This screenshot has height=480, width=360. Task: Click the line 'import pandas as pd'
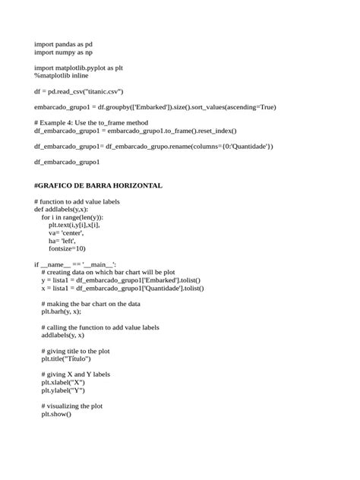(63, 45)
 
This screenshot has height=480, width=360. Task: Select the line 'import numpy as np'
(63, 52)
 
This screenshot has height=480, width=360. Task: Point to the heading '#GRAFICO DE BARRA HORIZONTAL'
(98, 185)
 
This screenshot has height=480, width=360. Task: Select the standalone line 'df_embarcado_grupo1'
(67, 162)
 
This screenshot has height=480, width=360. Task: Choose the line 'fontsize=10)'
(68, 248)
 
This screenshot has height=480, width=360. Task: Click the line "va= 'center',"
(68, 232)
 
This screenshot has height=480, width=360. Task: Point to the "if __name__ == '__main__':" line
(75, 264)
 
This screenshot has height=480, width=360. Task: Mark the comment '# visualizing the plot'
(72, 406)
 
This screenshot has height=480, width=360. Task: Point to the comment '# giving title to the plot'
(77, 351)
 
